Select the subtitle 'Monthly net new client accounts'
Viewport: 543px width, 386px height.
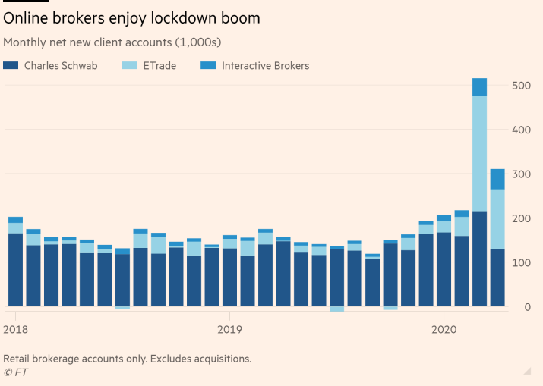(x=112, y=42)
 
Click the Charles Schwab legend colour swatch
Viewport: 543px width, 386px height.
(x=11, y=66)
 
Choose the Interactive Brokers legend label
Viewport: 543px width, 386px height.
(x=265, y=66)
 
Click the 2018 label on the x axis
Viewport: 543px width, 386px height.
(x=15, y=330)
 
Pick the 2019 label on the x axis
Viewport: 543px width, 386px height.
(x=229, y=330)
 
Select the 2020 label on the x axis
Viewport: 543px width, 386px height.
(x=444, y=330)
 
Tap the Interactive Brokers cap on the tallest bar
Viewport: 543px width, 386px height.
(x=479, y=87)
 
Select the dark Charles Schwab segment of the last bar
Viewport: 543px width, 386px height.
(x=497, y=278)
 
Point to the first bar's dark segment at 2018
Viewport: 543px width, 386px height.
(x=15, y=270)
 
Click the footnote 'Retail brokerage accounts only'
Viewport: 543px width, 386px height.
(x=127, y=359)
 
